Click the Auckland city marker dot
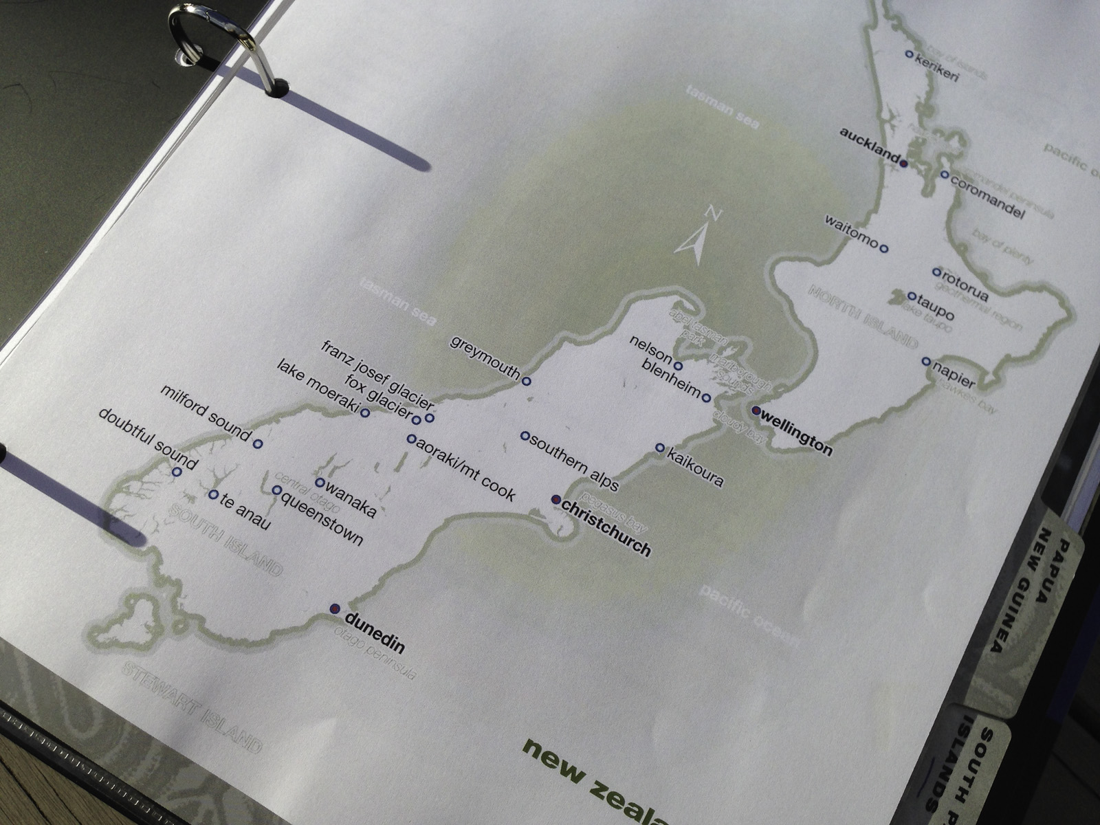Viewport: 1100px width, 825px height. [904, 164]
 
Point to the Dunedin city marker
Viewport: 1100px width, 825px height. [335, 608]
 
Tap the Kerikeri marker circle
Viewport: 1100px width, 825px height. [909, 54]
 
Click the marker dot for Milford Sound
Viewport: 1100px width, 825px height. [258, 444]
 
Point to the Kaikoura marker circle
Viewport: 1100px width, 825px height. [660, 448]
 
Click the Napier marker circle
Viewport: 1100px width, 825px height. [926, 361]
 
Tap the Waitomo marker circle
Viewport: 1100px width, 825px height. [884, 248]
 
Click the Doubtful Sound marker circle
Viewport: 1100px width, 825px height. [177, 472]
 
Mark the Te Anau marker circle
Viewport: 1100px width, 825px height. [213, 494]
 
